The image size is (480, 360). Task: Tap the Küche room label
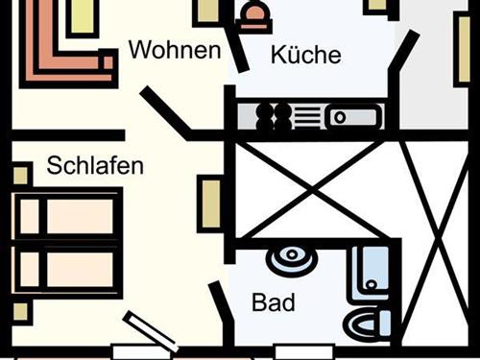(x=305, y=55)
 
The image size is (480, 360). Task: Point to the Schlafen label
(x=95, y=166)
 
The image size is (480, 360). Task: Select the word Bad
(x=273, y=304)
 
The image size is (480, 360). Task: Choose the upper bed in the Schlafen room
(x=67, y=217)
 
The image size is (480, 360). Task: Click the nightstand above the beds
(x=20, y=175)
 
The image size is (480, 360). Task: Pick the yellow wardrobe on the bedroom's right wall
(x=210, y=204)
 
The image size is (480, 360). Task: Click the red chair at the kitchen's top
(x=255, y=19)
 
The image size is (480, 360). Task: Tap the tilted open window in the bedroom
(x=150, y=331)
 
